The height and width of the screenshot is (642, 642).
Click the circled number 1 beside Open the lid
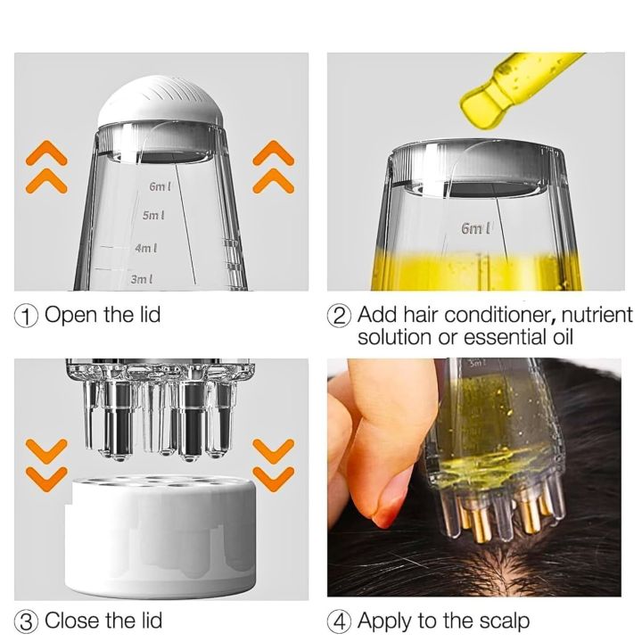pyautogui.click(x=25, y=316)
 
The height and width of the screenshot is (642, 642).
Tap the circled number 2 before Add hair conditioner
pyautogui.click(x=339, y=316)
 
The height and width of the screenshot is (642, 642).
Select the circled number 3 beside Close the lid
pyautogui.click(x=25, y=622)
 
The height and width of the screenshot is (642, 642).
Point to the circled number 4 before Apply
pyautogui.click(x=339, y=622)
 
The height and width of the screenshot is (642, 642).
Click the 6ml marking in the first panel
pyautogui.click(x=160, y=186)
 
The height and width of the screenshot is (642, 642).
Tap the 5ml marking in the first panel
pyautogui.click(x=153, y=216)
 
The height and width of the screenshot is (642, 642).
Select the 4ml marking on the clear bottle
pyautogui.click(x=146, y=248)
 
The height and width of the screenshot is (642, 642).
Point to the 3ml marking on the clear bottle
pyautogui.click(x=142, y=280)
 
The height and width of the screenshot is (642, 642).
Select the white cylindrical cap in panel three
pyautogui.click(x=160, y=536)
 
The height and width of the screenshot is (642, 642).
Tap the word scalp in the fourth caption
pyautogui.click(x=505, y=622)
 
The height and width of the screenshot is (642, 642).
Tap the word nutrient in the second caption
pyautogui.click(x=597, y=316)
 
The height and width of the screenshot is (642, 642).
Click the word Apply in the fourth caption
pyautogui.click(x=385, y=622)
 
